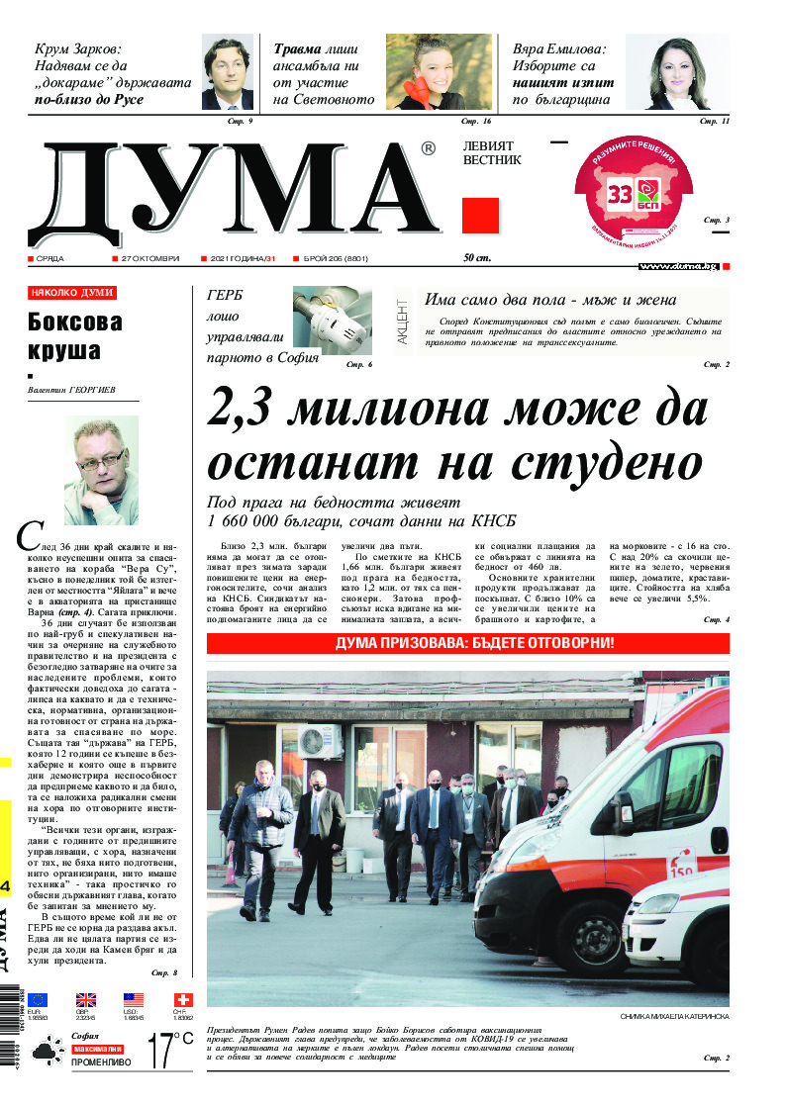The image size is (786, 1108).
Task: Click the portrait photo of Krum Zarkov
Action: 227,72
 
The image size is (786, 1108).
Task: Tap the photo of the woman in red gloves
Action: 439,71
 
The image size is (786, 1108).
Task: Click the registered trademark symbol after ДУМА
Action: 428,148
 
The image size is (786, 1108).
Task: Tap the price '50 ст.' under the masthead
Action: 477,258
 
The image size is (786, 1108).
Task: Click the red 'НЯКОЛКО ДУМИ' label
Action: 72,293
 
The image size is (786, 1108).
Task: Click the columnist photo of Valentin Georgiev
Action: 101,471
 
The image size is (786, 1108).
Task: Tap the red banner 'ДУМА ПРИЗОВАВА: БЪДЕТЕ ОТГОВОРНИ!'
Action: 468,643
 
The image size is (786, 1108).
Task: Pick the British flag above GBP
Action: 86,1000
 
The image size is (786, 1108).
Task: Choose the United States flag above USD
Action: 134,1000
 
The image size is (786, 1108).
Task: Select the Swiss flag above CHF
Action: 183,1000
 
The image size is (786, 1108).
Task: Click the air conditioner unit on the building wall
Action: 319,741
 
